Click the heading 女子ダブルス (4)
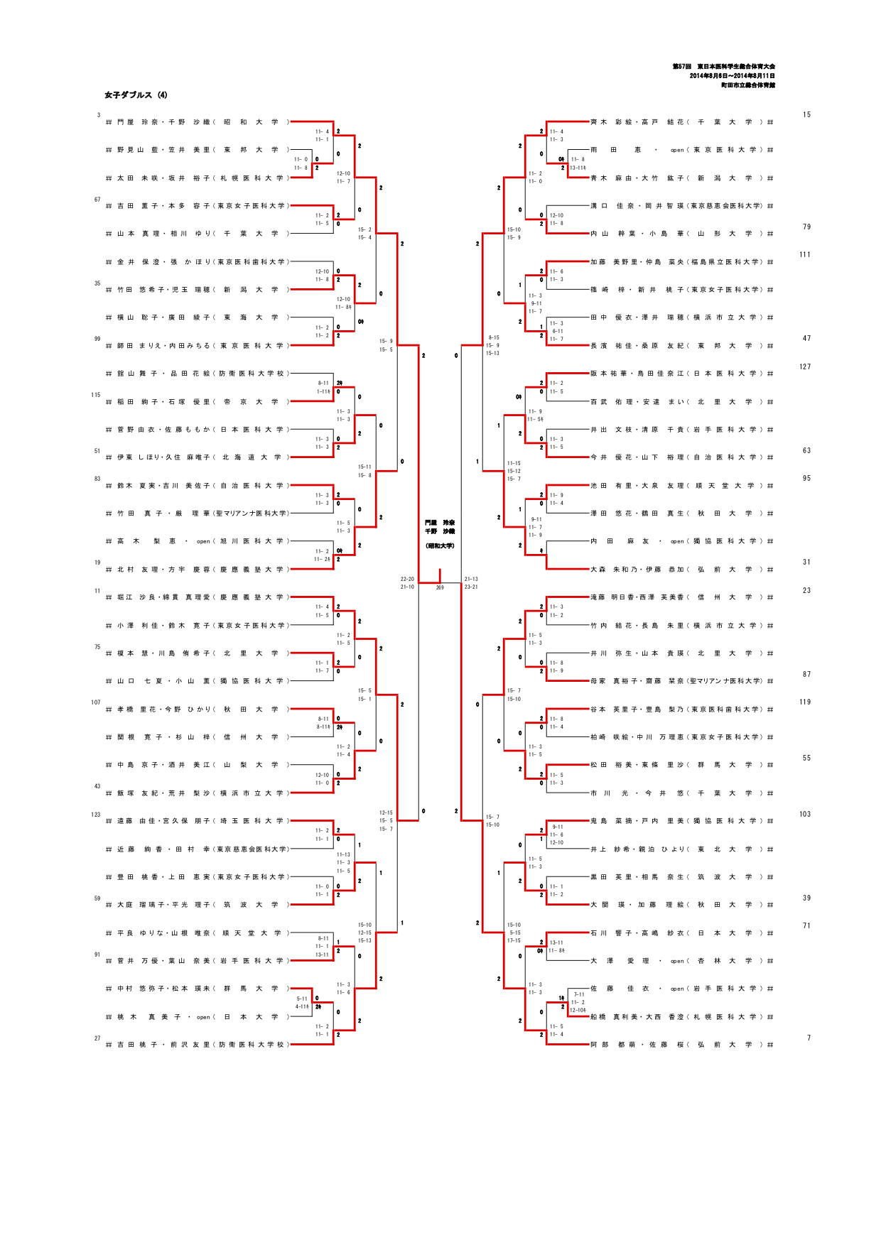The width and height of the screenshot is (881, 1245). coord(136,95)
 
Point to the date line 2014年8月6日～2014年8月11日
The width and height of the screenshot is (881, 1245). coord(732,76)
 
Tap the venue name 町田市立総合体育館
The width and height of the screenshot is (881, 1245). coord(747,85)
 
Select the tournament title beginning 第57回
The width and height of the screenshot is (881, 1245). coord(723,67)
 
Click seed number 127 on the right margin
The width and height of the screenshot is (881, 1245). coord(804,367)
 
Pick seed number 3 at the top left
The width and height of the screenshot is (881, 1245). coord(99,115)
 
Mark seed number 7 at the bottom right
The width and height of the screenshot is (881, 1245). coord(809,1038)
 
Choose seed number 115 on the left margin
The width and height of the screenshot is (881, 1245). coord(96,395)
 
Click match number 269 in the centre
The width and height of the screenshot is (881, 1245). coord(440,587)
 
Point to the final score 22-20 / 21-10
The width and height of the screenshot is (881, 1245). coord(407,583)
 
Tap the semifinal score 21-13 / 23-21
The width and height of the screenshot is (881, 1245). coord(471,583)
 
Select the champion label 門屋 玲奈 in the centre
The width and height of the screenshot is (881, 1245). coord(440,523)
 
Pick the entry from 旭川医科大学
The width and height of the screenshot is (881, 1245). coord(199,541)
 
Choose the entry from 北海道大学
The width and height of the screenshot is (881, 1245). coord(199,457)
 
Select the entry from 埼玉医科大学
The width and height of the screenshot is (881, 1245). coord(199,821)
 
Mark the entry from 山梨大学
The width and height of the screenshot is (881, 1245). coord(199,765)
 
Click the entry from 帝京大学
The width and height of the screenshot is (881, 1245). coord(199,402)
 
